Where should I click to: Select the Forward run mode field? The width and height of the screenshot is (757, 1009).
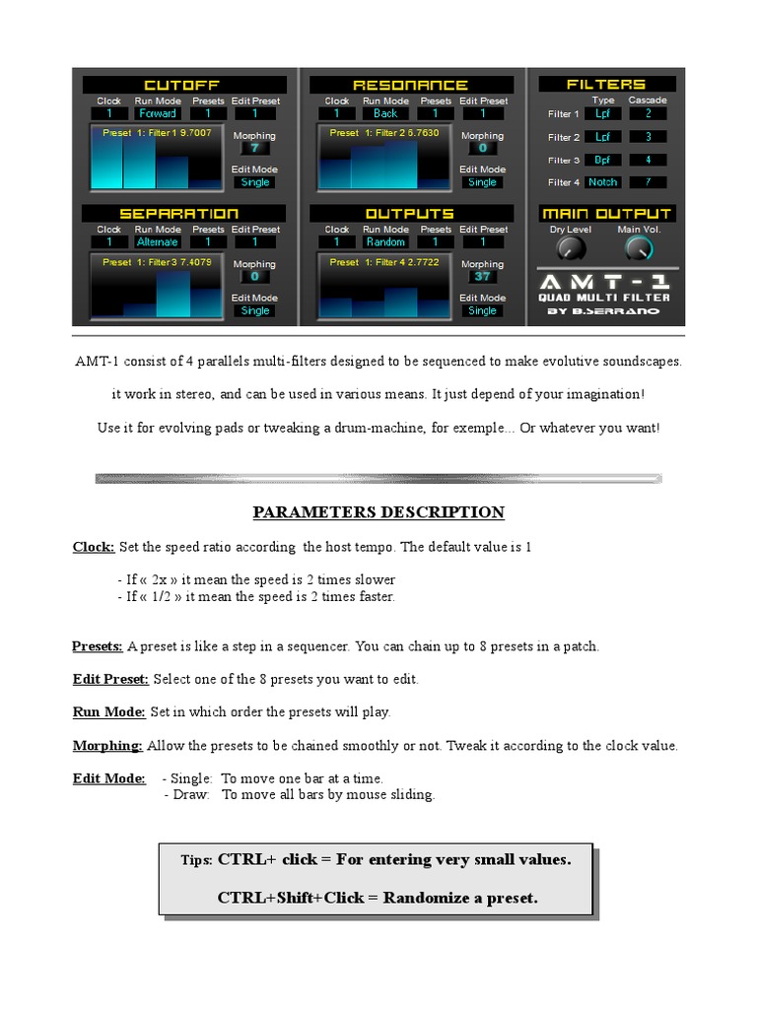(x=158, y=114)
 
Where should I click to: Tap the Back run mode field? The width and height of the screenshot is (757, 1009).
(x=385, y=114)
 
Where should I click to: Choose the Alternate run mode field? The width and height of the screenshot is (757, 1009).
(x=158, y=242)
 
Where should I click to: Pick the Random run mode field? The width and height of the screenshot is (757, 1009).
(x=385, y=242)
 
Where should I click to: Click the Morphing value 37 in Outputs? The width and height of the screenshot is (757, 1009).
(x=482, y=277)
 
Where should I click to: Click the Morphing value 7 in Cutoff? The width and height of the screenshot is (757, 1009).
(x=254, y=149)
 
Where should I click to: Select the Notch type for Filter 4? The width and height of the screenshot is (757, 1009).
(x=602, y=182)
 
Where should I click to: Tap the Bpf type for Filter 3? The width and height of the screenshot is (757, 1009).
(x=602, y=160)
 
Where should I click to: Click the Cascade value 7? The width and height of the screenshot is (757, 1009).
(x=648, y=182)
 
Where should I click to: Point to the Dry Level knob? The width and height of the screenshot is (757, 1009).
(x=570, y=246)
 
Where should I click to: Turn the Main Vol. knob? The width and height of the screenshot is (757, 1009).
(x=638, y=247)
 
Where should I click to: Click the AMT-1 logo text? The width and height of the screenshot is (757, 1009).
(x=604, y=281)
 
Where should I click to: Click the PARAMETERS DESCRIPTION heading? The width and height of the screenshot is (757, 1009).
(x=378, y=512)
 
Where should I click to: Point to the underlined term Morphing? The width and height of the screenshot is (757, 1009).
(x=107, y=746)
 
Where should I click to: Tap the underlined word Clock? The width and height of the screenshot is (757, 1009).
(x=94, y=547)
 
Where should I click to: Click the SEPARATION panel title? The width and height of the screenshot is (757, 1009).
(x=178, y=214)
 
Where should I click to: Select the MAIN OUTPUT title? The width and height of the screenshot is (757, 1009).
(x=606, y=214)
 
